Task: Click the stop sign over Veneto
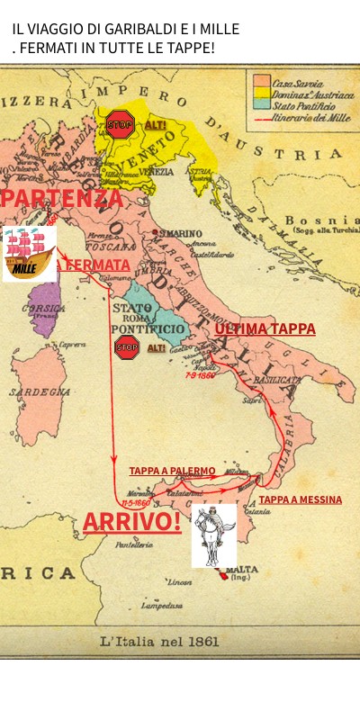point(120,123)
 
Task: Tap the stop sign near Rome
point(127,347)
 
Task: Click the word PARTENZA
point(62,198)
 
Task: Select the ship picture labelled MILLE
point(29,253)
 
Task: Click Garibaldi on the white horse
point(213,535)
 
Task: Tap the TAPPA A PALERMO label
point(172,471)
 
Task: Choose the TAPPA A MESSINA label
point(300,499)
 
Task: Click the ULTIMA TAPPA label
point(265,329)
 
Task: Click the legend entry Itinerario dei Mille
point(311,117)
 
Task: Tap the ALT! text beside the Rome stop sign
point(157,348)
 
